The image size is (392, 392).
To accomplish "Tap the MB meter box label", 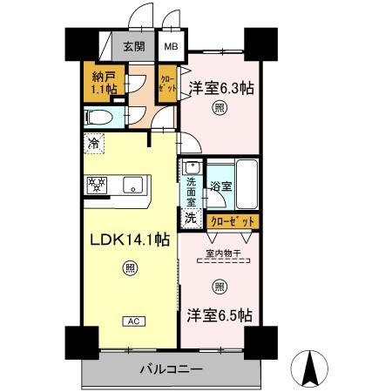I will click(169, 48).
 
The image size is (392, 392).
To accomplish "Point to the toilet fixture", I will click(101, 117).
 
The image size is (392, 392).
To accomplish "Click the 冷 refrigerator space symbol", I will click(93, 141).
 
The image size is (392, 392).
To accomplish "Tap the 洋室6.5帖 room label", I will click(220, 314).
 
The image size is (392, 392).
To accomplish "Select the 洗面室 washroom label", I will click(190, 189).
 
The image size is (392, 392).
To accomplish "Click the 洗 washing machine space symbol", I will click(190, 218).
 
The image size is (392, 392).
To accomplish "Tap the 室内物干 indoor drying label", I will click(221, 254).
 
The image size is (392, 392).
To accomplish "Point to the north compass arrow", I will click(308, 367).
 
